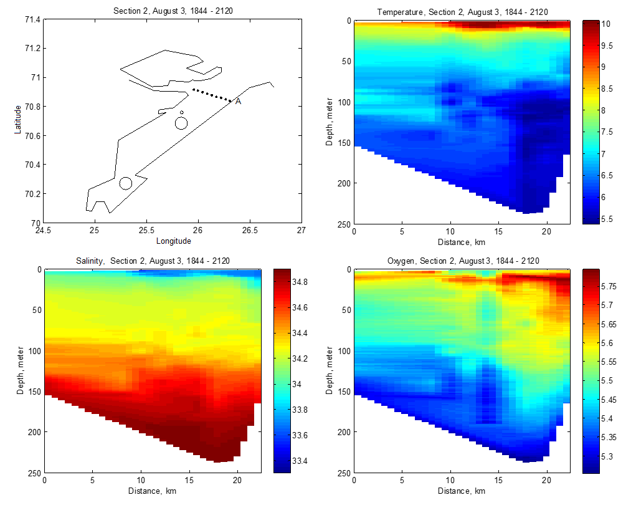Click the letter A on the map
click(238, 102)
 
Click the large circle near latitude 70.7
click(181, 123)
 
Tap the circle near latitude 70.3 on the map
click(126, 183)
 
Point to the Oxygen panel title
click(461, 261)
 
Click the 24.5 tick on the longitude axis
click(43, 231)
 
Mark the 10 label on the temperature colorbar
click(605, 24)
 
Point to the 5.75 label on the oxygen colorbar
click(609, 286)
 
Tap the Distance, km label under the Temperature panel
click(461, 242)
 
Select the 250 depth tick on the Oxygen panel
click(343, 473)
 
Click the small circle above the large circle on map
click(181, 113)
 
